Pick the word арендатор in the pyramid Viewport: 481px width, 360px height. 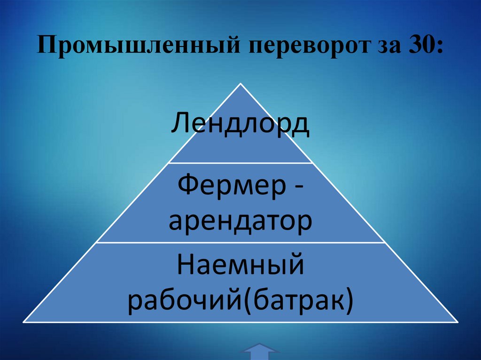pos(240,222)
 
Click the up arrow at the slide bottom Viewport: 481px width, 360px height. pos(260,352)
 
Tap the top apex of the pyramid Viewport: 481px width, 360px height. pos(241,84)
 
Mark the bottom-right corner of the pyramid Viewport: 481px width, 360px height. pos(458,322)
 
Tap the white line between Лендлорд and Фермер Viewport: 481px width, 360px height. pos(241,163)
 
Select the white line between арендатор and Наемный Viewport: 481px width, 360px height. pos(241,243)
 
